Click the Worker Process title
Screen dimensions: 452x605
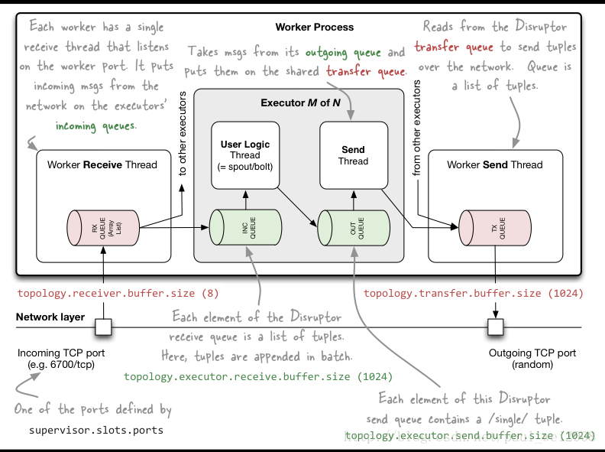314,27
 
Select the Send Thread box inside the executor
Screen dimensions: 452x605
352,154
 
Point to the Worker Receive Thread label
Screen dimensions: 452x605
102,164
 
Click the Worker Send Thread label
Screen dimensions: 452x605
495,164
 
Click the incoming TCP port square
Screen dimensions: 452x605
102,328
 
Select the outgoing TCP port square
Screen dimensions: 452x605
495,328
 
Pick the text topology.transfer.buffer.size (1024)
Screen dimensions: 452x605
474,293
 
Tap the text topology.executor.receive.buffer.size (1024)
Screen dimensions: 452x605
258,376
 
